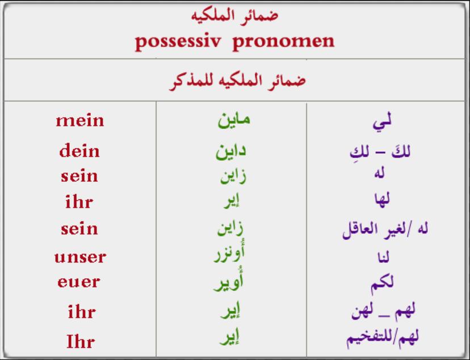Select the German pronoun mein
(x=80, y=120)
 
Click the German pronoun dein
(x=79, y=151)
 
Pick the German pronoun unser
(x=80, y=257)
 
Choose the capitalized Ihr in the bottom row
(x=80, y=341)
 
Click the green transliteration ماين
(x=233, y=119)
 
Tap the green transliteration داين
(x=231, y=151)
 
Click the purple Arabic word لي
(x=381, y=121)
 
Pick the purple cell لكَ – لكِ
(x=380, y=152)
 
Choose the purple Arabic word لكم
(x=381, y=282)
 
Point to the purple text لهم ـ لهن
(x=383, y=311)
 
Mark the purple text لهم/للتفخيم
(x=383, y=337)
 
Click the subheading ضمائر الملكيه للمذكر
(x=237, y=80)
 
